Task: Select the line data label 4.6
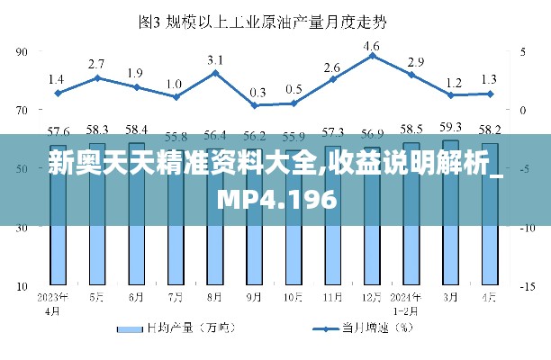tap(372, 45)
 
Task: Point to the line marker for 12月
tap(372, 56)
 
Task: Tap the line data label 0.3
tap(257, 92)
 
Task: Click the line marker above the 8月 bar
tap(215, 72)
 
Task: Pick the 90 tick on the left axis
tap(23, 52)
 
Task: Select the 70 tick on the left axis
tap(23, 111)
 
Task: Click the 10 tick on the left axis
tap(23, 286)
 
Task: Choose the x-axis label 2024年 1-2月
tap(411, 302)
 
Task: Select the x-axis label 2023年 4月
tap(56, 302)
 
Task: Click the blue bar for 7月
tap(176, 252)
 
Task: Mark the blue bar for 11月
tap(333, 252)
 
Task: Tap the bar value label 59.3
tap(450, 127)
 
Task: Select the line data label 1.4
tap(56, 78)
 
